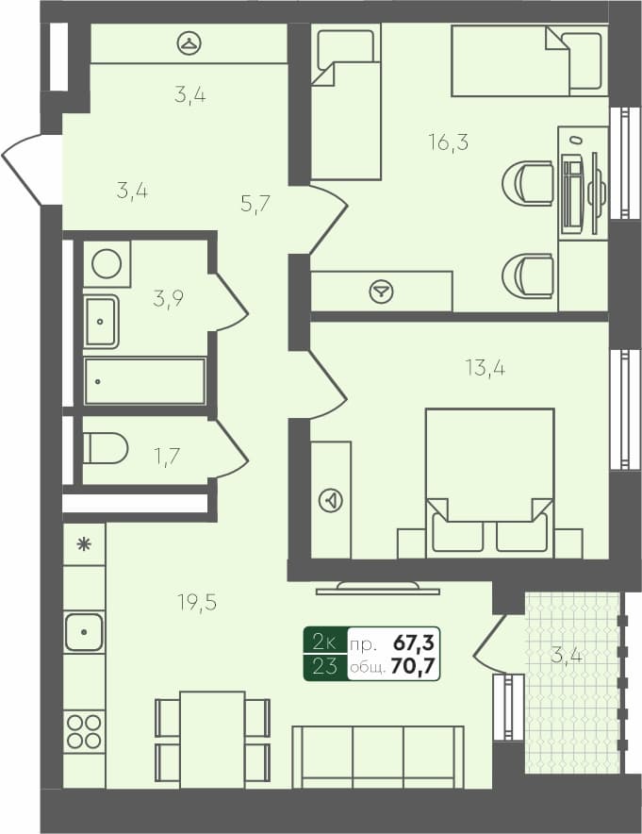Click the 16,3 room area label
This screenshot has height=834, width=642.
click(x=449, y=143)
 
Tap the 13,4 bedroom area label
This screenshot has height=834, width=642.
click(x=485, y=368)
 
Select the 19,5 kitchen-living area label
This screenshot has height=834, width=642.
click(x=196, y=602)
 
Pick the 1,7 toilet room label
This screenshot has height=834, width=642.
click(x=168, y=457)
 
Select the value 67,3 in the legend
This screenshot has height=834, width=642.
click(x=413, y=643)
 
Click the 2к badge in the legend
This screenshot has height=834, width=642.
click(x=324, y=643)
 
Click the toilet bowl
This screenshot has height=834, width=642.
click(x=105, y=448)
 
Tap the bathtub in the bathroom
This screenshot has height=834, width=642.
click(x=145, y=381)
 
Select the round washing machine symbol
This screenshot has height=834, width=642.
click(x=107, y=263)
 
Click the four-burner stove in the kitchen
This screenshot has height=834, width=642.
click(x=84, y=731)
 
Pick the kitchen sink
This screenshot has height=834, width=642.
click(x=84, y=632)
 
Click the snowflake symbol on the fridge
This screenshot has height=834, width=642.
click(x=84, y=543)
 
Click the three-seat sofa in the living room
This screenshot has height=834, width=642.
click(x=378, y=757)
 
